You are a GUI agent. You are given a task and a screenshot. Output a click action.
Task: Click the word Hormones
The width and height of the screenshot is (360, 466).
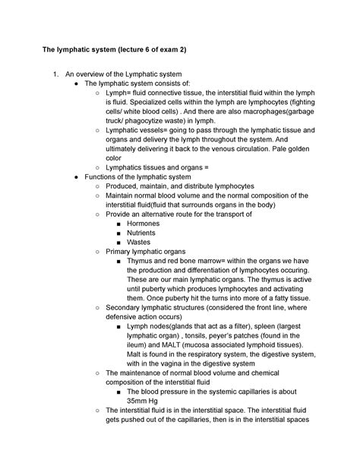pos(144,224)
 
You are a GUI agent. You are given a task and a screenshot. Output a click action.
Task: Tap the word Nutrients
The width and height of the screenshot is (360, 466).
pos(143,233)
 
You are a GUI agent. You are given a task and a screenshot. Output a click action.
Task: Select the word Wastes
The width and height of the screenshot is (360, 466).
pos(139,243)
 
